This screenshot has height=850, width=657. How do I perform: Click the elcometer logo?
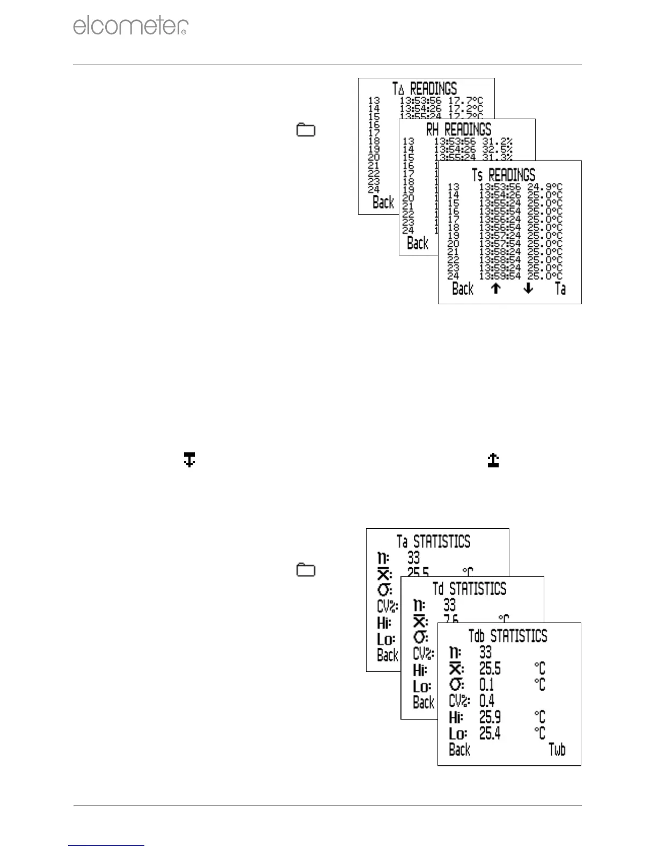130,26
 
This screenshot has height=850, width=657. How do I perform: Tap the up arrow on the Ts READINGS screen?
496,289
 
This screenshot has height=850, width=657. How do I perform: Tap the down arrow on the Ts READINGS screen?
528,289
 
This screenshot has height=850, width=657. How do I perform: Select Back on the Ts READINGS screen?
463,289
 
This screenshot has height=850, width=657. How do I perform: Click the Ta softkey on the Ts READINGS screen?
560,289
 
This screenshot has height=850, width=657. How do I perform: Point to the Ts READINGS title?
503,175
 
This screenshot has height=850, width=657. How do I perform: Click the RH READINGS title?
458,129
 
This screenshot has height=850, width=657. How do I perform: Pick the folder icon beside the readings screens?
306,130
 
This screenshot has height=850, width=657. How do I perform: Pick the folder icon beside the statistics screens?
306,570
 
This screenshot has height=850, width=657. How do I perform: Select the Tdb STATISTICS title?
508,636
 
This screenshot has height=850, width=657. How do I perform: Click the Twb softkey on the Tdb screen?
557,750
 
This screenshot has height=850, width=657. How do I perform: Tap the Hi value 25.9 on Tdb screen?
490,717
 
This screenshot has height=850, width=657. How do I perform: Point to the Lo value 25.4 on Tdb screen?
490,733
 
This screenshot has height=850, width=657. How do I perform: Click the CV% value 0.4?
487,701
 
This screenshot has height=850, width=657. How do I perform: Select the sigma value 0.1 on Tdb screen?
486,685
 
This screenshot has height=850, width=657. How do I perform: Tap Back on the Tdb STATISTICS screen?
459,750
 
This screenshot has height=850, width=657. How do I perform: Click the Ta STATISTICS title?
433,541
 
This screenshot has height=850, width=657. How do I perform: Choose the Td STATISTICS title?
469,589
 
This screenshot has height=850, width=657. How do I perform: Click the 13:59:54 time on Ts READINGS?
500,276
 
